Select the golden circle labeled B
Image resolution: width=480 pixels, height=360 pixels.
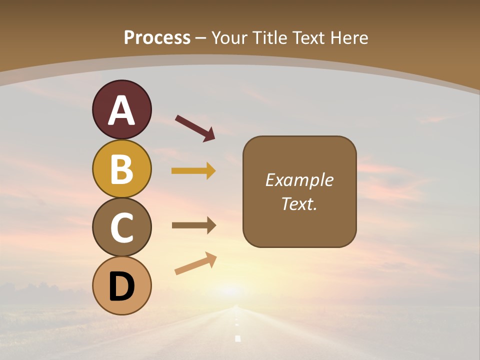click(x=121, y=169)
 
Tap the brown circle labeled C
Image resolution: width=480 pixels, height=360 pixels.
click(x=121, y=227)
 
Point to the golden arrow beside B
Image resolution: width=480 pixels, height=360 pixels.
click(x=193, y=171)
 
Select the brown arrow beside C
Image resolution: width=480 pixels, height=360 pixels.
click(x=193, y=225)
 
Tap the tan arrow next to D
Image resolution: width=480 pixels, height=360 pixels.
click(x=195, y=264)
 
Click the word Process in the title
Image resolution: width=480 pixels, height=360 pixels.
click(x=157, y=37)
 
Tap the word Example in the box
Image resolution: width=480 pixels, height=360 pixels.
click(x=299, y=180)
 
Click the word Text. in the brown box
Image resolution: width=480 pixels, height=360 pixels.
click(x=299, y=203)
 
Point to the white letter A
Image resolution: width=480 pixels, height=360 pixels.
click(x=121, y=110)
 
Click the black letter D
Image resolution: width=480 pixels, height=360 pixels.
click(x=121, y=287)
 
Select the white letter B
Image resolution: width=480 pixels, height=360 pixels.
click(x=121, y=169)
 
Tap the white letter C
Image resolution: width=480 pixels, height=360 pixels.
click(x=121, y=227)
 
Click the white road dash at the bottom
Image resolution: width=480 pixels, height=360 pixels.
click(x=237, y=338)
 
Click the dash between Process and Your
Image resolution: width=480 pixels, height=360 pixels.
click(x=200, y=38)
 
